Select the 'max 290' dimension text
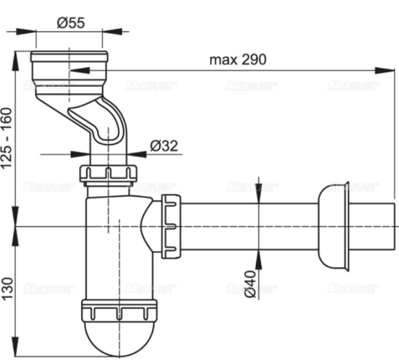click(238, 59)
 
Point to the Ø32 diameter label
click(163, 145)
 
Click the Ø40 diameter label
click(251, 282)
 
